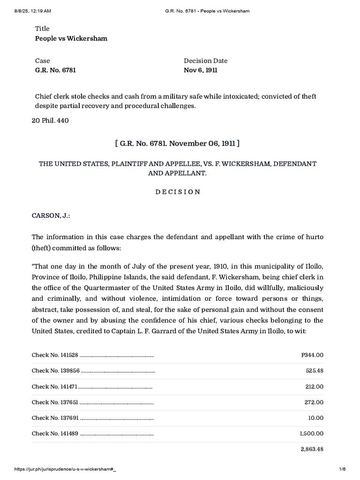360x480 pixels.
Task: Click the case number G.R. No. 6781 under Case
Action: coord(55,70)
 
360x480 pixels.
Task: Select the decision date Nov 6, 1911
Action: coord(200,70)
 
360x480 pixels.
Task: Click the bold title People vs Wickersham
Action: coord(71,38)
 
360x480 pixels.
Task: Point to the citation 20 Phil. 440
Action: coord(50,121)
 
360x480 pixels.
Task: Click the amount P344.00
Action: coord(312,355)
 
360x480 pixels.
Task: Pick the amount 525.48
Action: coord(315,371)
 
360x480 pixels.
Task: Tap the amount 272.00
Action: coord(315,402)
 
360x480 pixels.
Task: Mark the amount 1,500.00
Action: coord(312,434)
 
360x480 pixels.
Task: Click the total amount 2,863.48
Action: coord(312,449)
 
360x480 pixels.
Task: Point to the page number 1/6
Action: coord(350,474)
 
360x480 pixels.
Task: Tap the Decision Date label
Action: coord(205,60)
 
